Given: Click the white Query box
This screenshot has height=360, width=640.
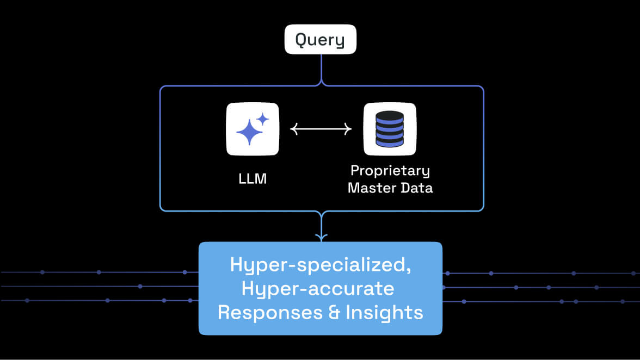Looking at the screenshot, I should [320, 39].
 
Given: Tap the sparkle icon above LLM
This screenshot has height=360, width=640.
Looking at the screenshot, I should [253, 129].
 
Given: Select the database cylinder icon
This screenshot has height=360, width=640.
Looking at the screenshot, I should [390, 129].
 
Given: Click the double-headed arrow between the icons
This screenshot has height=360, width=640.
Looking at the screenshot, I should [321, 129].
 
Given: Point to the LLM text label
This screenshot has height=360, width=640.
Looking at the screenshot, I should [253, 178].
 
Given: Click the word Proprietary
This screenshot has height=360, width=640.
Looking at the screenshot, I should [390, 171].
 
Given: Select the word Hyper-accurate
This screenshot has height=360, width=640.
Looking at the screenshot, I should [318, 289].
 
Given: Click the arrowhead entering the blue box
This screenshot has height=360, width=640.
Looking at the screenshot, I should [322, 237].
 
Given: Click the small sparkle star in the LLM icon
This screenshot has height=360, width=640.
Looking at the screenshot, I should [263, 120].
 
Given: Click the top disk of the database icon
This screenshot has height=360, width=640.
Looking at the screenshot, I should [390, 116].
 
